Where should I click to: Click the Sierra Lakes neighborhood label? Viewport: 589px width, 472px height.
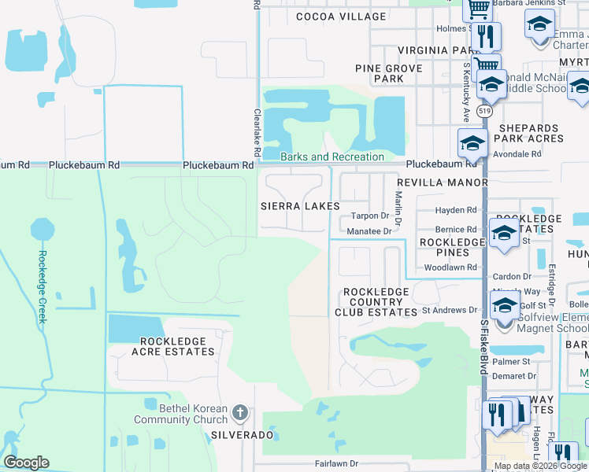coord(301,205)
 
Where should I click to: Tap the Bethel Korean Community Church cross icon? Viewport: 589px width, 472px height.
coord(241,411)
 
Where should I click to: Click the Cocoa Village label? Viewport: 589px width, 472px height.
coord(341,17)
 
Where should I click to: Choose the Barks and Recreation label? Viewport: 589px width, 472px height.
coord(332,157)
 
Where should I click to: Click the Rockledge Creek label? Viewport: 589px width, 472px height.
coord(43,286)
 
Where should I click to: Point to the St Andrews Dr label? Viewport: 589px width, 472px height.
coord(450,311)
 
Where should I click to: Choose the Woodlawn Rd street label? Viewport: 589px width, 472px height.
coord(450,267)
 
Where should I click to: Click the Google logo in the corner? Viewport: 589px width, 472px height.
coord(26,463)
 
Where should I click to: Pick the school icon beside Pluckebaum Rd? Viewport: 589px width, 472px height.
coord(472,143)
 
